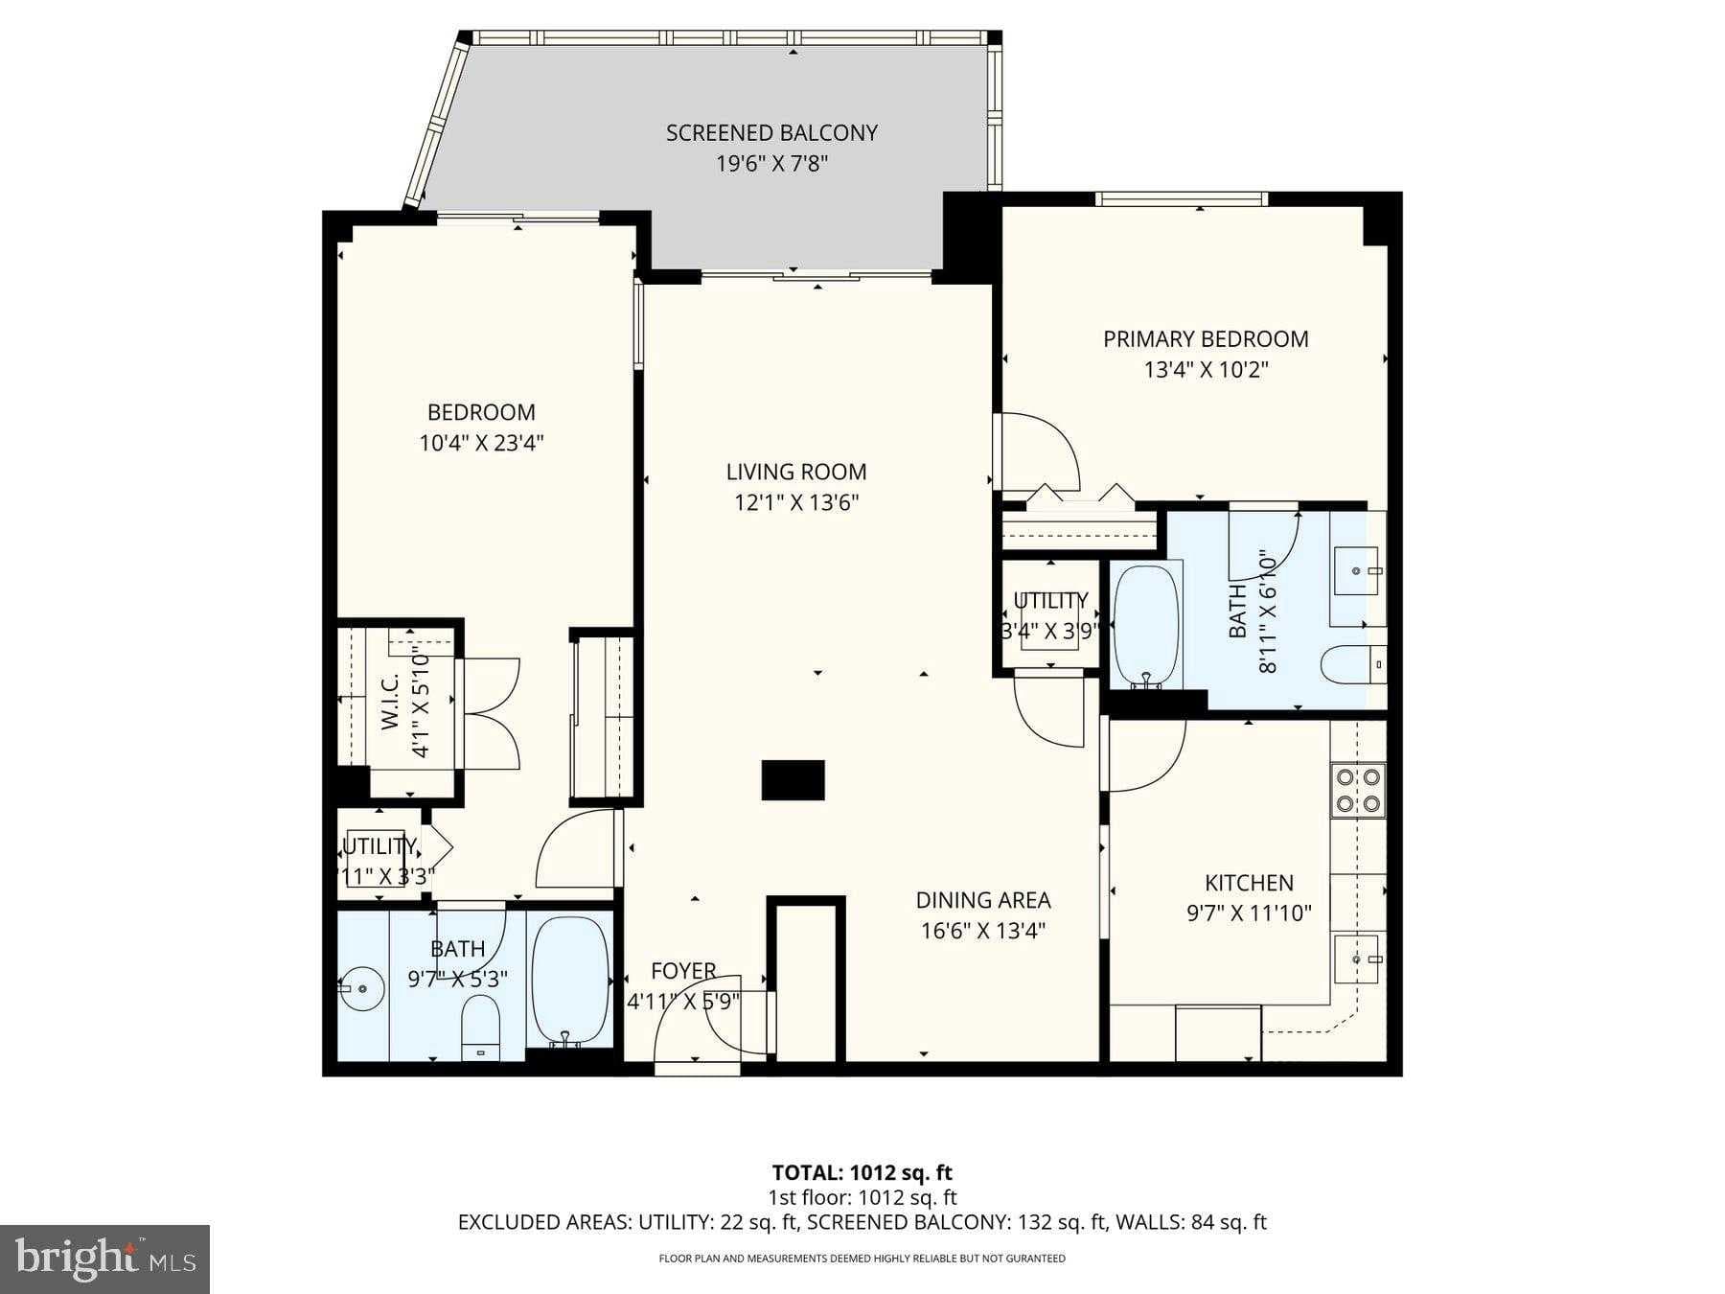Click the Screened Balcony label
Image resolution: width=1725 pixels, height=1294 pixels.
771,133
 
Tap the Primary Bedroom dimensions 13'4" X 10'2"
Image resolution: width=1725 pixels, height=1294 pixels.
1206,370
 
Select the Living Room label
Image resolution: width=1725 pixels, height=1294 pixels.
795,472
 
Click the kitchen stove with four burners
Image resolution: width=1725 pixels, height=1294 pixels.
1358,790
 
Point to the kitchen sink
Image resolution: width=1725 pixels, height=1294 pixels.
1356,959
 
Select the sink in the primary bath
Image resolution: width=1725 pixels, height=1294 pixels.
1356,571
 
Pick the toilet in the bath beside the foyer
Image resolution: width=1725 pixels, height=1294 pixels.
481,1028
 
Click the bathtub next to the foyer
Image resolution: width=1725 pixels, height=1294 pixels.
571,981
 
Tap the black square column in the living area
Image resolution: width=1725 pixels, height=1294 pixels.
793,780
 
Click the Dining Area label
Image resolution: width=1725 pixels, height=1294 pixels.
982,900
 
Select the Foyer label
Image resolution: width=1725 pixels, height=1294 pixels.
683,971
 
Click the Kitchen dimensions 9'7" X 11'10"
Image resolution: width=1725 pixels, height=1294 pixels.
1249,913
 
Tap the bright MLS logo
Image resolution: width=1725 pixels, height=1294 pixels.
104,1259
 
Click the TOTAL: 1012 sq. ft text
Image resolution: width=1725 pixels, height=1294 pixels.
862,1172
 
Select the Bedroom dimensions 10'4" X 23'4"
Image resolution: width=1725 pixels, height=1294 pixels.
481,444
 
